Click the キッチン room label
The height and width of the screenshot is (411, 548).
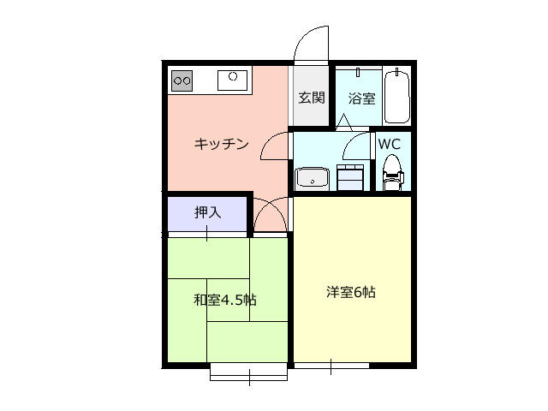click(x=221, y=144)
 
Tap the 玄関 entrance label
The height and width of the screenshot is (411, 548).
click(x=311, y=98)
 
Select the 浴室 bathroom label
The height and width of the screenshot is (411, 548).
click(x=360, y=98)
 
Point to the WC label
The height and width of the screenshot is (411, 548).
click(x=390, y=143)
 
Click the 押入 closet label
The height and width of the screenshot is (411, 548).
click(x=207, y=211)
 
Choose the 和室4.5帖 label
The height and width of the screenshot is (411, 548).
click(x=224, y=300)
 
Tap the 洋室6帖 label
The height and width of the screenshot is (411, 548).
click(x=350, y=292)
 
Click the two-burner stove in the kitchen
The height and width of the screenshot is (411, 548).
click(x=182, y=81)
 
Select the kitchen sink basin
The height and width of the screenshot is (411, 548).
click(x=232, y=80)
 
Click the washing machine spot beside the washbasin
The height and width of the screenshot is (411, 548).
click(x=349, y=178)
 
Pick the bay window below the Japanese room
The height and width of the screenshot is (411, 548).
click(x=248, y=372)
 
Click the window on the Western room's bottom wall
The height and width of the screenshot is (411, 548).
click(x=331, y=366)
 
